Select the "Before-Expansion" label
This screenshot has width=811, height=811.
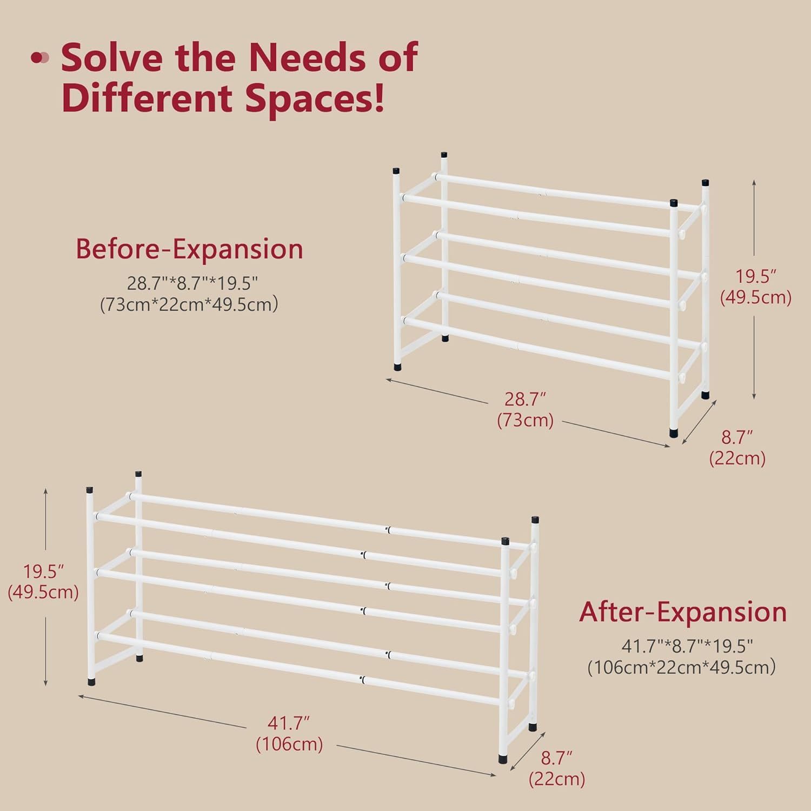pyautogui.click(x=189, y=249)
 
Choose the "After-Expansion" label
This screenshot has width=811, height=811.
pyautogui.click(x=683, y=612)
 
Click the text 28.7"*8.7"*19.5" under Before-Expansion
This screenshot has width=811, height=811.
pyautogui.click(x=192, y=283)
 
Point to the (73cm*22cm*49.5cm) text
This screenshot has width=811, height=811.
pyautogui.click(x=189, y=304)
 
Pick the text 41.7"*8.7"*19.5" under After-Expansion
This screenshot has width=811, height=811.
pyautogui.click(x=687, y=646)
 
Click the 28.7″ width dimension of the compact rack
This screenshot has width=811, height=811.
pyautogui.click(x=525, y=399)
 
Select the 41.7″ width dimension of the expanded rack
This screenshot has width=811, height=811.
pyautogui.click(x=289, y=723)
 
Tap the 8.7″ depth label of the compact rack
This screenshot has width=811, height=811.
pyautogui.click(x=737, y=437)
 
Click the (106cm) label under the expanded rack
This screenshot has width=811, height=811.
pyautogui.click(x=289, y=744)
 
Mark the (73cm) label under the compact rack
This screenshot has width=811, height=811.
pyautogui.click(x=525, y=420)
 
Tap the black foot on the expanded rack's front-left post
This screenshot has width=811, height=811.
pyautogui.click(x=91, y=682)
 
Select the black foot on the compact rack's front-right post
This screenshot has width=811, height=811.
pyautogui.click(x=674, y=433)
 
